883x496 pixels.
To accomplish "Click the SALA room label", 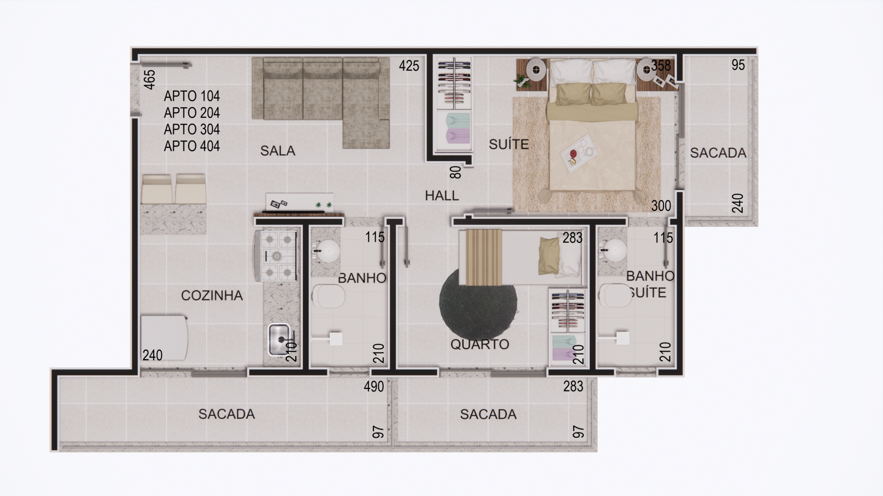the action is [x=278, y=151].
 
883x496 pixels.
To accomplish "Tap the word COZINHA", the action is [x=212, y=295].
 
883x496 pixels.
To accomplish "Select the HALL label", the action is [x=442, y=195].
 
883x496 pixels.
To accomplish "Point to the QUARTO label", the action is [x=480, y=344].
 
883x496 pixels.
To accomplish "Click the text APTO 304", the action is [x=192, y=129].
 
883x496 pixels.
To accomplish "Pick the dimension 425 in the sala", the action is [x=409, y=66].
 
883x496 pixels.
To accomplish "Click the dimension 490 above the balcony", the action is [x=374, y=387].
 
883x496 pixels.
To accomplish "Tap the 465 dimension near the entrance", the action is [x=150, y=79].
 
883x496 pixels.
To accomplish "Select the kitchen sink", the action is [x=279, y=339].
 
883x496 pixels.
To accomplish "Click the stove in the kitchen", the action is [x=276, y=256].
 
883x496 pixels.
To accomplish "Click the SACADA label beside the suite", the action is [x=718, y=153].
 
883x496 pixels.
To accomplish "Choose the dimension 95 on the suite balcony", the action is [x=738, y=65].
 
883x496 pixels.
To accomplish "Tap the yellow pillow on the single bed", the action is [x=549, y=256].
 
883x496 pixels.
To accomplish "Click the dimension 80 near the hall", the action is [x=456, y=172].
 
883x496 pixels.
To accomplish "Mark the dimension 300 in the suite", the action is [x=661, y=206].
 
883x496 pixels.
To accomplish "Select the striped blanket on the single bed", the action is [x=484, y=257].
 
